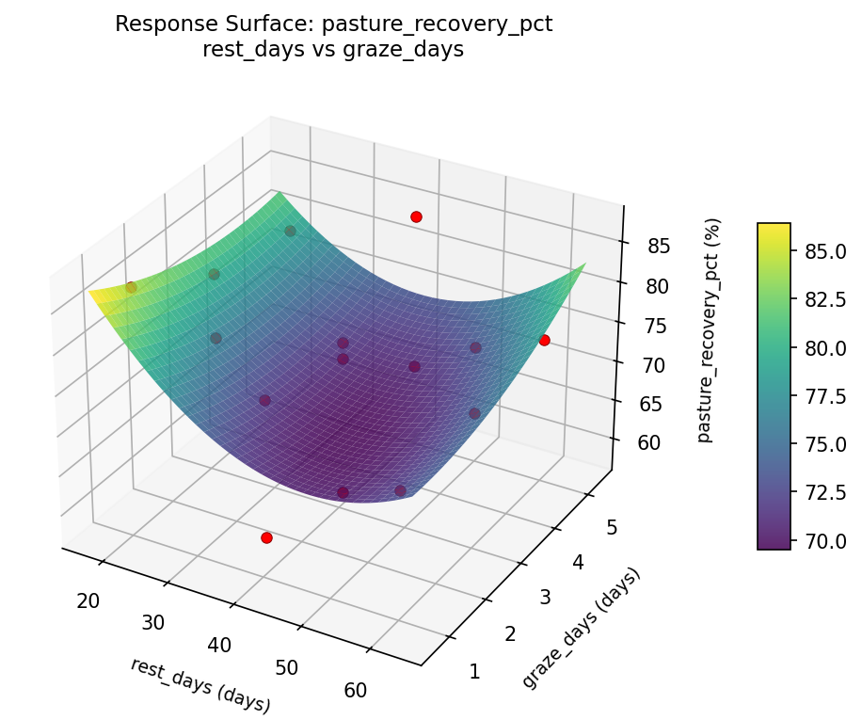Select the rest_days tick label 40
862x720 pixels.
pos(219,645)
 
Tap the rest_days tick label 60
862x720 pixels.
pos(355,690)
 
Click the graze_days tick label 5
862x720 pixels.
pos(612,528)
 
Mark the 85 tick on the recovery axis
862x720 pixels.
pos(658,247)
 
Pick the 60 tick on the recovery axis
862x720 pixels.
pos(648,443)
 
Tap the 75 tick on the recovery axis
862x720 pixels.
pos(654,326)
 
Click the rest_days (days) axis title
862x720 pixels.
pos(200,685)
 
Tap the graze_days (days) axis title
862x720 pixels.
pos(582,628)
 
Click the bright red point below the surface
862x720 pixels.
pos(266,537)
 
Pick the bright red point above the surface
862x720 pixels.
pos(416,216)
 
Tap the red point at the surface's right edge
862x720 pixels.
pos(544,340)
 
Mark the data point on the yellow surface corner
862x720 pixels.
pos(131,287)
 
